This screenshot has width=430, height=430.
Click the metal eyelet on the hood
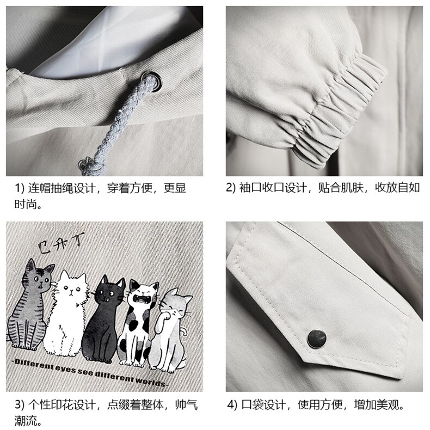[x=152, y=81]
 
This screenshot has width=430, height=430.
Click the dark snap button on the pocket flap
[x=317, y=339]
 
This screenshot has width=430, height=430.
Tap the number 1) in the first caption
[x=19, y=188]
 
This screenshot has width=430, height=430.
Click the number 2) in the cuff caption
[x=231, y=188]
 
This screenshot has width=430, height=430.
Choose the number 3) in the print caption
[x=20, y=404]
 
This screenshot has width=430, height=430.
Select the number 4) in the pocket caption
[x=232, y=405]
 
